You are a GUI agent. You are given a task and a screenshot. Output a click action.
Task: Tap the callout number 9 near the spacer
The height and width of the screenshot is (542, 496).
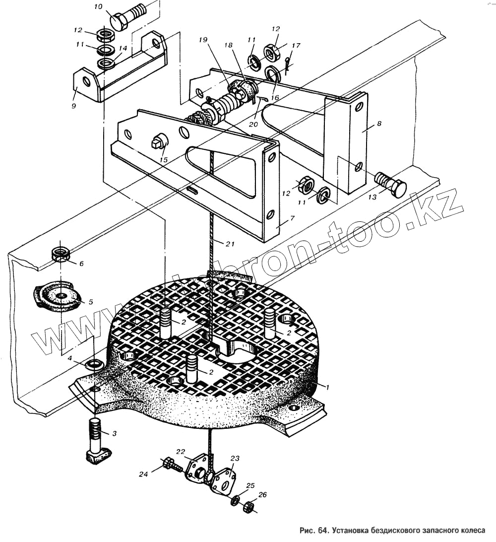[73, 106]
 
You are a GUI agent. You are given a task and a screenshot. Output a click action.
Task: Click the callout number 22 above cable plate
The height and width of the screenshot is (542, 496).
[180, 451]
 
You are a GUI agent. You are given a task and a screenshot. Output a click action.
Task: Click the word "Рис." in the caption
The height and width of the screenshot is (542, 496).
[308, 530]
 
